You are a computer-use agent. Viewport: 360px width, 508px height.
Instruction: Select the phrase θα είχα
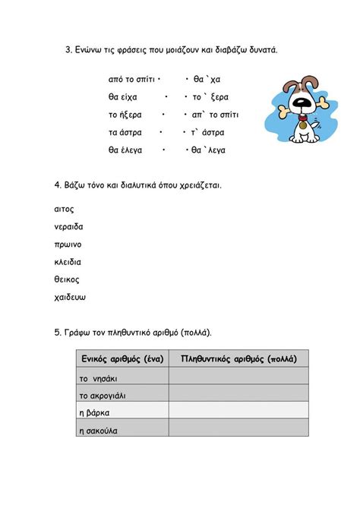click(123, 97)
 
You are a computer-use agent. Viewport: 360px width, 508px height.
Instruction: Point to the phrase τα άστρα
click(125, 132)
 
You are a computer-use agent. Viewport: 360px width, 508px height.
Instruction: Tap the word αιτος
click(65, 209)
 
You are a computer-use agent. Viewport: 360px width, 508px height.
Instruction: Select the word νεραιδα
click(69, 226)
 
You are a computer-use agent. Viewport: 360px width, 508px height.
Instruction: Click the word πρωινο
click(68, 245)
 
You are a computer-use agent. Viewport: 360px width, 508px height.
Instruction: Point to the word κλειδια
click(68, 262)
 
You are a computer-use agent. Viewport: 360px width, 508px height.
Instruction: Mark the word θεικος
click(67, 279)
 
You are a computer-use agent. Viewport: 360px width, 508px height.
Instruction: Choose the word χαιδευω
click(71, 297)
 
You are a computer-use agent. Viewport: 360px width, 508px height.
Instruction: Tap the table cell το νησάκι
click(99, 377)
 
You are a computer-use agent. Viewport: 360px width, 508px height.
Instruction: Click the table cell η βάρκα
click(95, 412)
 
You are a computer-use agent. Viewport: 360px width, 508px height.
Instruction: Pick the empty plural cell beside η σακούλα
click(238, 430)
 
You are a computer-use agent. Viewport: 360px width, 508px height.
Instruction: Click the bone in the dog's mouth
click(293, 107)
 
